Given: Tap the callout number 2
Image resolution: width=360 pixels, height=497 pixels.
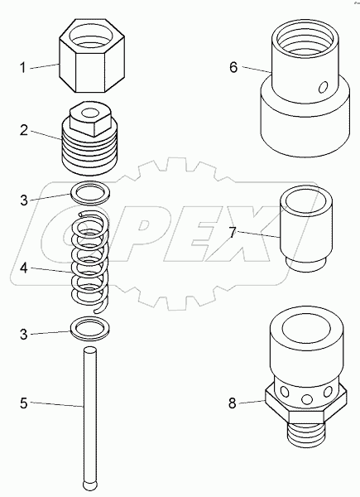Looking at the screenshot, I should (x=25, y=131).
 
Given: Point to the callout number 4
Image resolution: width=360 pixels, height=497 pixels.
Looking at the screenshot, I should (x=25, y=269).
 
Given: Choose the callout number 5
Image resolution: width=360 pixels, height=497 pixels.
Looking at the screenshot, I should (x=25, y=404).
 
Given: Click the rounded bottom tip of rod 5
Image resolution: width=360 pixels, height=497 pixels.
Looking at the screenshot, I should (x=87, y=483).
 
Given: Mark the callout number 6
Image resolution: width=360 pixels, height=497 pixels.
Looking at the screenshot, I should (x=233, y=67).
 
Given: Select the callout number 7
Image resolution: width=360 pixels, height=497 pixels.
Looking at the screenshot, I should (x=233, y=234).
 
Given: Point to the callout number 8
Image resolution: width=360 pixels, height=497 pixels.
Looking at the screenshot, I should (x=233, y=404).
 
